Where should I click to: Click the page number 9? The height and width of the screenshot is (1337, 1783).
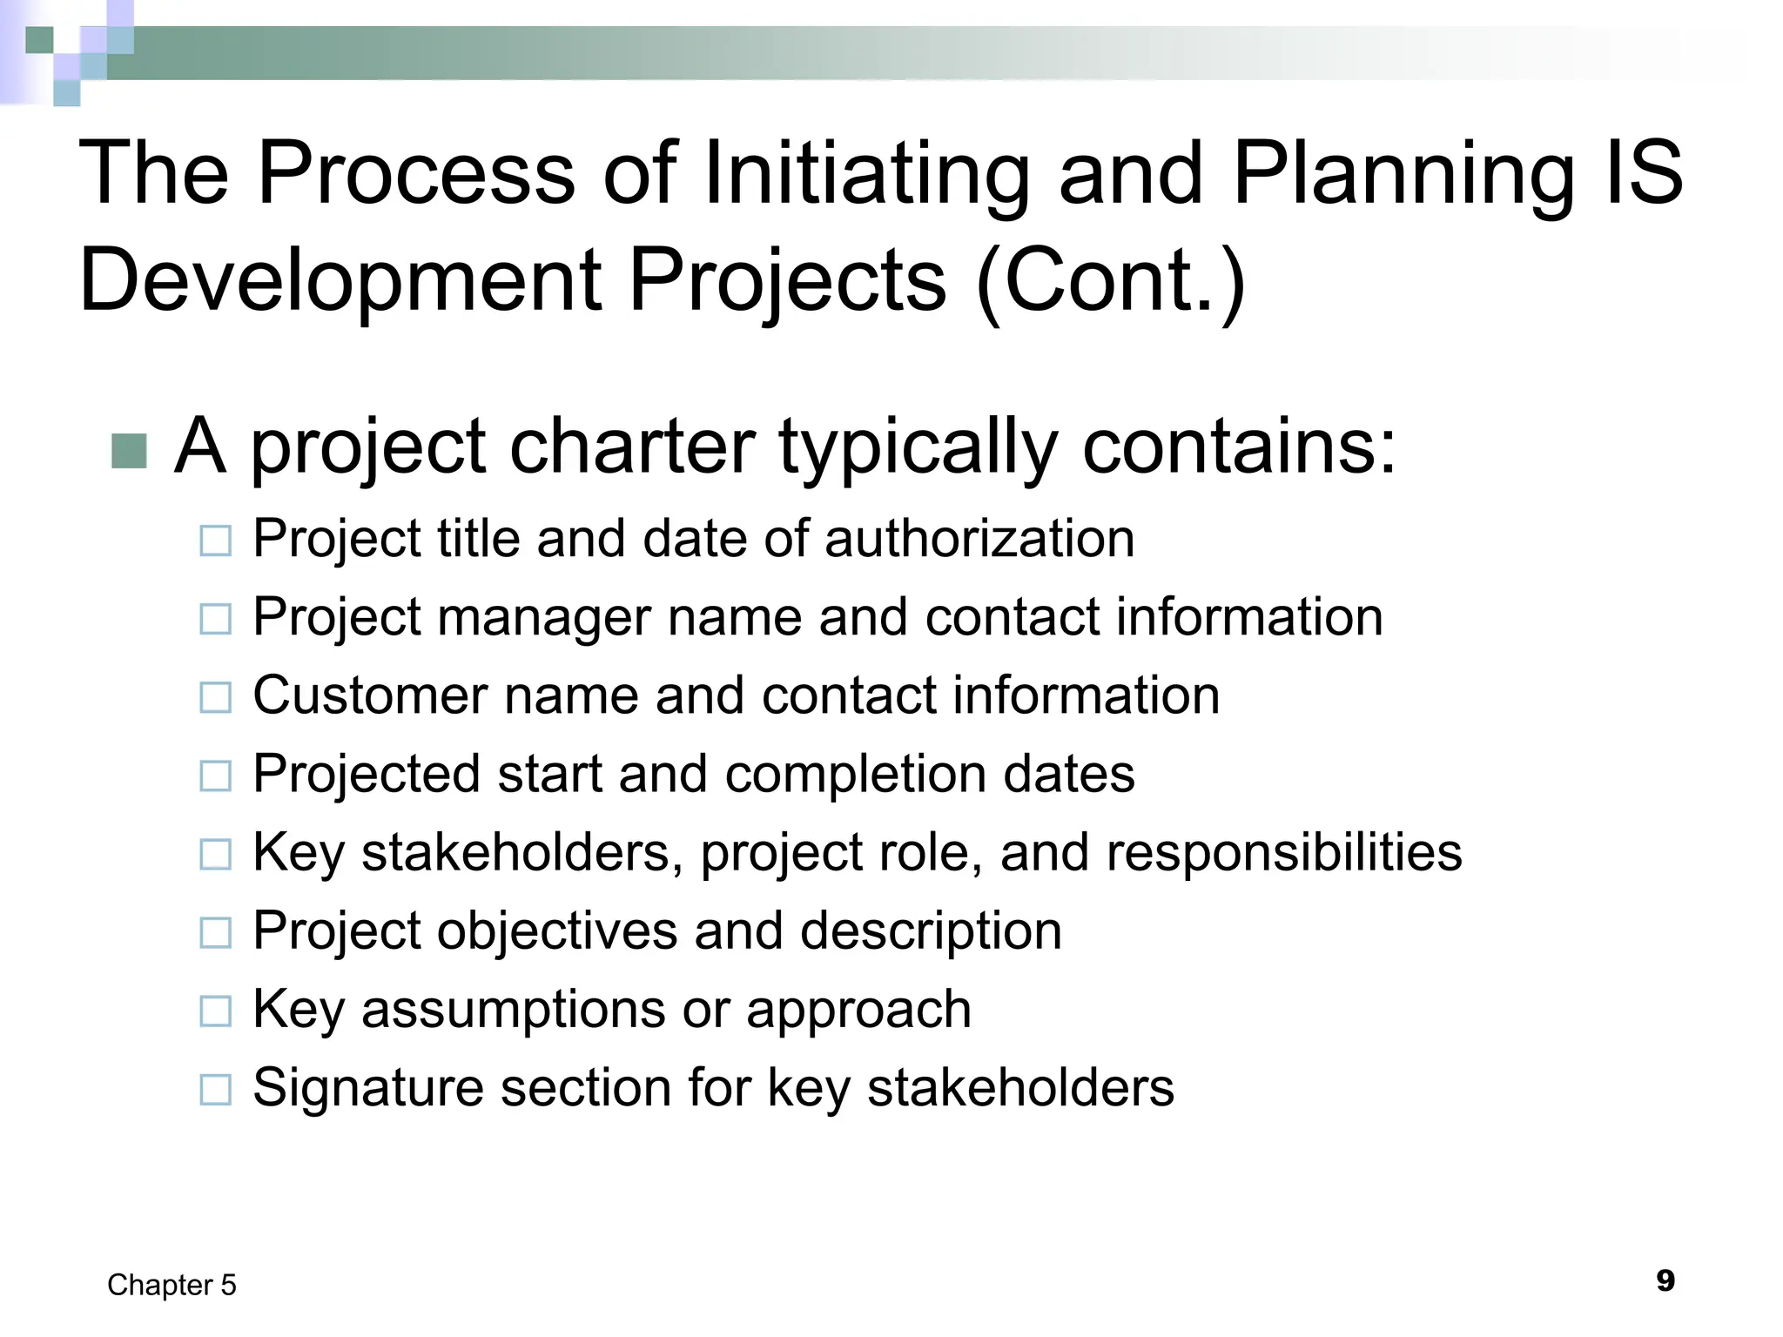coord(1665,1281)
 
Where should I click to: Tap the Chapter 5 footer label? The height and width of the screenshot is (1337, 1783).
coord(172,1285)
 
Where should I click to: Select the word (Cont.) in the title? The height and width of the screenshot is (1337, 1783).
coord(1111,280)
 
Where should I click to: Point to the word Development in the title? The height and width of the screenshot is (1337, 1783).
coord(340,280)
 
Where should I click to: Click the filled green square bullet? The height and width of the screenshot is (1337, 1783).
coord(129,451)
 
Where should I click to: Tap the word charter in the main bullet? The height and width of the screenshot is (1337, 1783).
coord(632,446)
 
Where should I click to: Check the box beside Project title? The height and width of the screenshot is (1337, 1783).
coord(215,541)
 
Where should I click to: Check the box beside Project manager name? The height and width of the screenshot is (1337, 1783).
coord(215,620)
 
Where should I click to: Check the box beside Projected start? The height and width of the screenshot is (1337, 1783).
coord(215,776)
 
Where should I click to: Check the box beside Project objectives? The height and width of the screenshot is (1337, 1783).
coord(215,933)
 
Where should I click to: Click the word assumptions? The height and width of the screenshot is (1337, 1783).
coord(513,1010)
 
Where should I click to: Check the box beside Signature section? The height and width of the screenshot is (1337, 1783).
coord(215,1090)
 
